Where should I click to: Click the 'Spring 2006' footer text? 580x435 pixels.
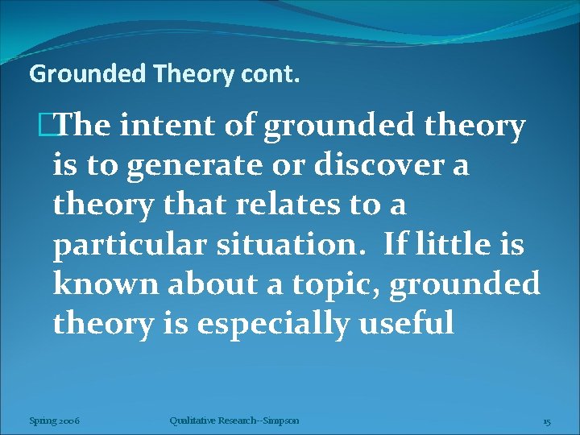coord(54,420)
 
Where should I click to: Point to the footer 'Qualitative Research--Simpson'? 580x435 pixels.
coord(234,420)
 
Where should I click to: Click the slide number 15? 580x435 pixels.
coord(546,420)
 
